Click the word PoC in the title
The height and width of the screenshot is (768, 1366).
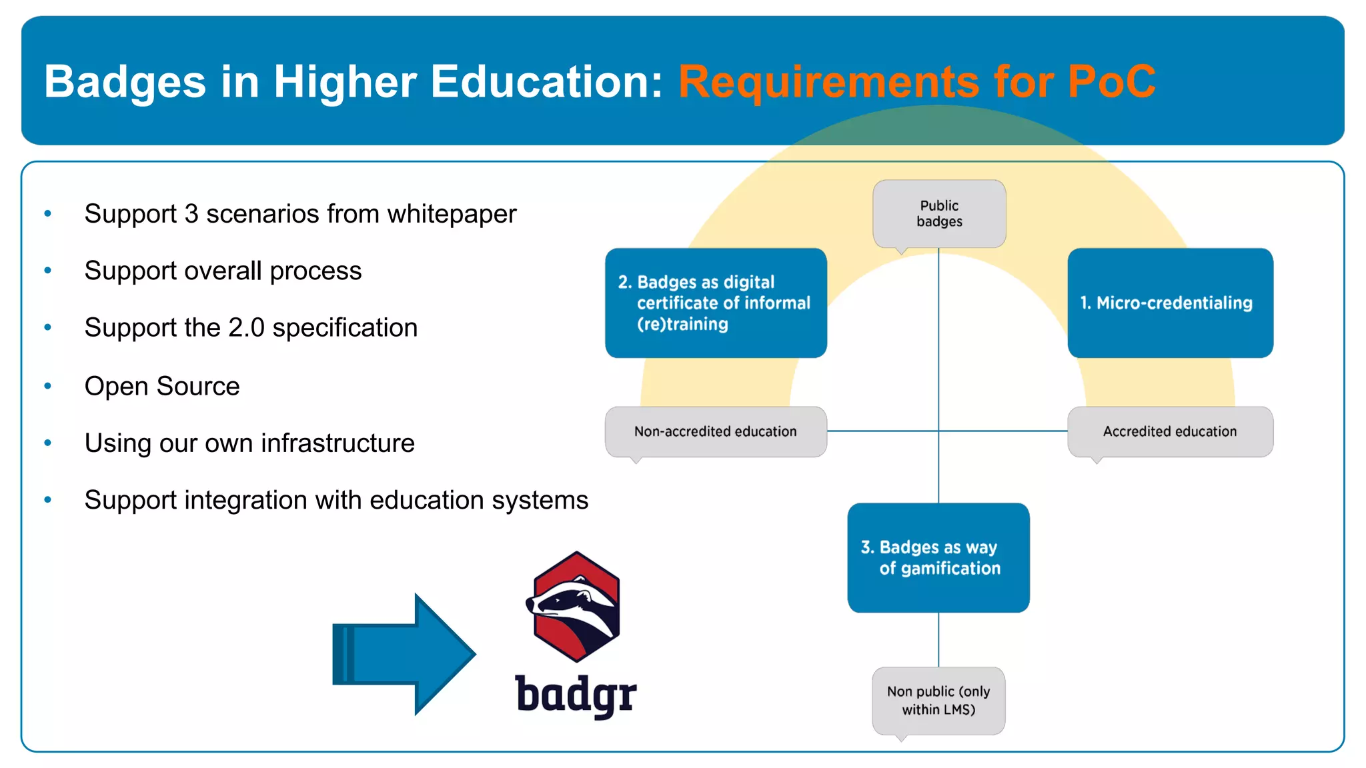(1111, 82)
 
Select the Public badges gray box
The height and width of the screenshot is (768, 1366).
(939, 213)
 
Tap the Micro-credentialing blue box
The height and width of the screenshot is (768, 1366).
(1170, 303)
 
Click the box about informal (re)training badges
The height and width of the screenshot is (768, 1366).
(716, 303)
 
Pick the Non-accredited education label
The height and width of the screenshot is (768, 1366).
(716, 431)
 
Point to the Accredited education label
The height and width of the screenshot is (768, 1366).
(1170, 431)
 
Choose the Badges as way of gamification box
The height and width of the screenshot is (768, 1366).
(938, 557)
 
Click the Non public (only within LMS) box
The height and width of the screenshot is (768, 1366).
(938, 700)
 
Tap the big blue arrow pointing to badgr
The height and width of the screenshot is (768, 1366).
(404, 654)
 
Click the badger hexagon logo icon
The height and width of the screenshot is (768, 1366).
(577, 607)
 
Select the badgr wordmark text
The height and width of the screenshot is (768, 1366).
(576, 695)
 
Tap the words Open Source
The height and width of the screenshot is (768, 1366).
(162, 387)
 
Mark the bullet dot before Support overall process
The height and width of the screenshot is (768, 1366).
(48, 271)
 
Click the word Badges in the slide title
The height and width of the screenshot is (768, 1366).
(125, 82)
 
